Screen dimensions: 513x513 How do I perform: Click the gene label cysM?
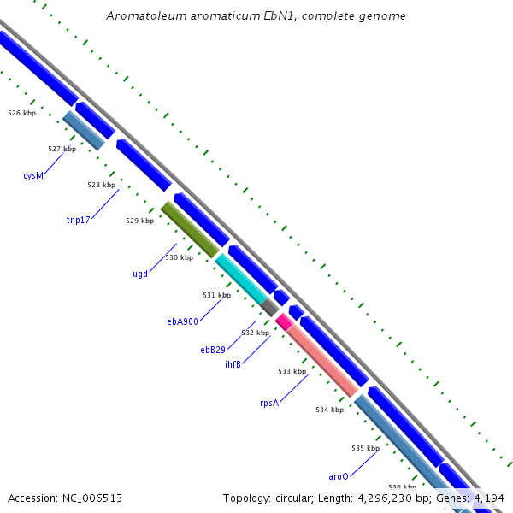33,175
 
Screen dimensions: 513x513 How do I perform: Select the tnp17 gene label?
78,220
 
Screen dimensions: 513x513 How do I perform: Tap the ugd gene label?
140,274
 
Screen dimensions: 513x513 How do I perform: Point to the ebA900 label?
182,321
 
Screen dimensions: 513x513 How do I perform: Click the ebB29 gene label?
213,350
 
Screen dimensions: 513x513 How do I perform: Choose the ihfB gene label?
233,364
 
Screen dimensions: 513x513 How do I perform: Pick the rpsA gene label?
269,403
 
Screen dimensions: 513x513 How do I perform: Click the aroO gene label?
339,476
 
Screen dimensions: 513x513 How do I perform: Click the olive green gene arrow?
190,229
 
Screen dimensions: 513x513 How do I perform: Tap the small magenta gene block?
283,321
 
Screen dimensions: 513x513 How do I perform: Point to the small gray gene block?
269,306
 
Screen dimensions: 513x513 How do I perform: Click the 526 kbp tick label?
21,113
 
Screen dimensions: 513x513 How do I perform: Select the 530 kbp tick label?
179,257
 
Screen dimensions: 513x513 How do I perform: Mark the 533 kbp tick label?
292,371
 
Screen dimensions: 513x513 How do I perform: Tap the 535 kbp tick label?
365,448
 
